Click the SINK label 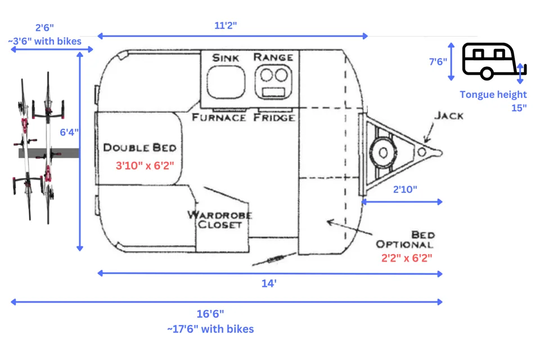click(226, 57)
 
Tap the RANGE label click(273, 57)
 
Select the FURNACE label click(219, 118)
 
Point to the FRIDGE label click(274, 118)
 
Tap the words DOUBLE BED click(140, 147)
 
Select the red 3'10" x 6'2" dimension click(145, 165)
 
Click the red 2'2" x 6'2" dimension click(407, 258)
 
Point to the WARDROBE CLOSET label click(220, 219)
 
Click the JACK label click(449, 115)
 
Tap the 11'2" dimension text click(226, 25)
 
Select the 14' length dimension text click(269, 283)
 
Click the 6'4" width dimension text click(69, 132)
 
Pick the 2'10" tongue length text click(405, 189)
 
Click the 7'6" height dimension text click(438, 62)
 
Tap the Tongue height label click(493, 94)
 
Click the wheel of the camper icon click(487, 73)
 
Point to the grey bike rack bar click(49, 153)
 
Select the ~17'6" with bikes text click(210, 329)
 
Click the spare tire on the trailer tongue click(383, 152)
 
